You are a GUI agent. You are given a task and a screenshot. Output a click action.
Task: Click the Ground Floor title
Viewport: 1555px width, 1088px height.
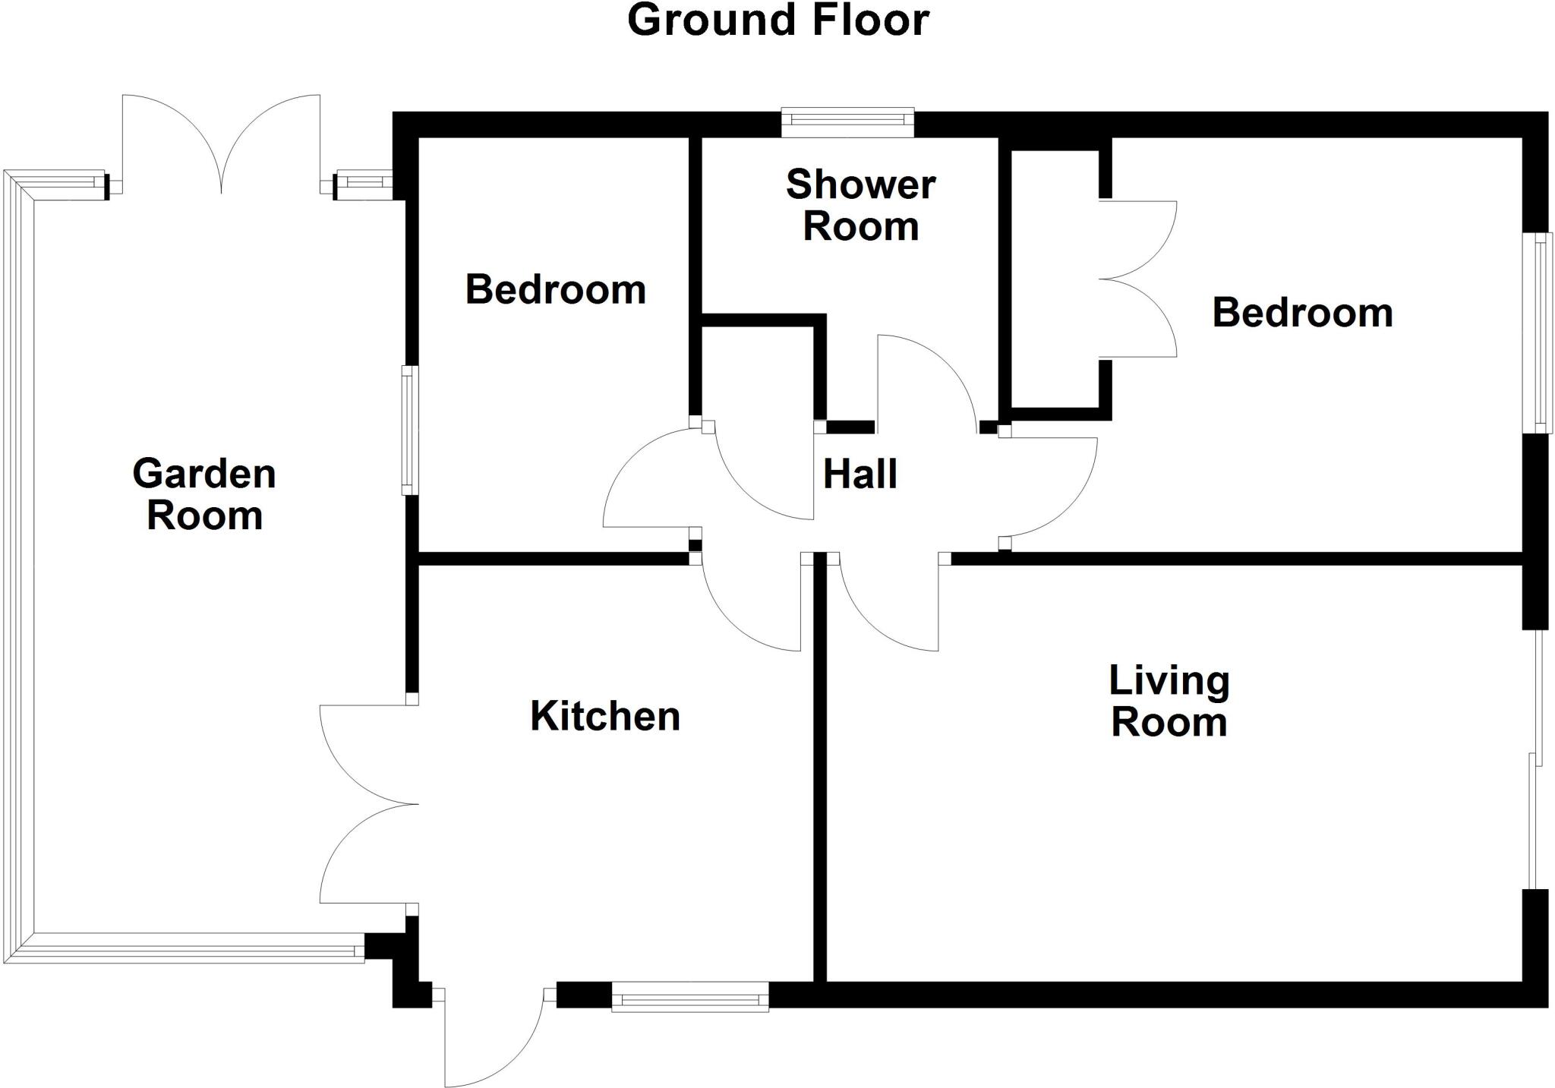click(x=778, y=20)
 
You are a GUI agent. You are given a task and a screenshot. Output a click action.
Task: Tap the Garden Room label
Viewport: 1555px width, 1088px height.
click(x=204, y=494)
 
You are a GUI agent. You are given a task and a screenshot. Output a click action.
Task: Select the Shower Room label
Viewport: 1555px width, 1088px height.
click(x=860, y=205)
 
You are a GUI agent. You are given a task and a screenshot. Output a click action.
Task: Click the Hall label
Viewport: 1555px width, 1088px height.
click(x=860, y=475)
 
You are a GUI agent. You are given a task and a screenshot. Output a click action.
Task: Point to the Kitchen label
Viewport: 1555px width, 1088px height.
click(x=605, y=716)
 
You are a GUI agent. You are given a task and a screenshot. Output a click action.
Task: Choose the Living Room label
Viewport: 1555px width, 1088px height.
click(x=1169, y=701)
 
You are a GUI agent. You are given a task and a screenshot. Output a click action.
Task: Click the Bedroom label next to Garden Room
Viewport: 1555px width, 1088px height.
click(x=555, y=289)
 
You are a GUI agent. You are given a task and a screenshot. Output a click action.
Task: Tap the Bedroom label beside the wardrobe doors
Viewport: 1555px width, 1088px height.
click(x=1302, y=313)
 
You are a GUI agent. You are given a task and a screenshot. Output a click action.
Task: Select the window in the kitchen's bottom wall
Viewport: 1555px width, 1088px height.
click(x=689, y=996)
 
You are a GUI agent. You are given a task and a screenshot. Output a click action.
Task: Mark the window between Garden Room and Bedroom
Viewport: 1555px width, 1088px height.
click(x=409, y=430)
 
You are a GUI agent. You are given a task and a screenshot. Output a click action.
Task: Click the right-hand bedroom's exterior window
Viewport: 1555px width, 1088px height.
click(x=1538, y=333)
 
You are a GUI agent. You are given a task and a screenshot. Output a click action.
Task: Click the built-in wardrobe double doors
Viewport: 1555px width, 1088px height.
click(x=1137, y=279)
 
